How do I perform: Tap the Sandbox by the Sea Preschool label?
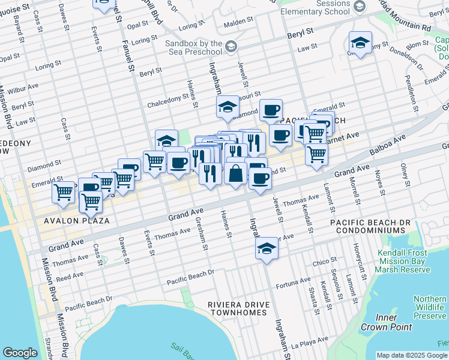point(194,47)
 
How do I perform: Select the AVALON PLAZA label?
point(76,221)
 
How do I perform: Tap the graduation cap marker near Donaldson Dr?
point(360,43)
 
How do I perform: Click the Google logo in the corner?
point(20,353)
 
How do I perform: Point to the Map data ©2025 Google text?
point(411,355)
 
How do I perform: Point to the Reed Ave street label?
point(70,277)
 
